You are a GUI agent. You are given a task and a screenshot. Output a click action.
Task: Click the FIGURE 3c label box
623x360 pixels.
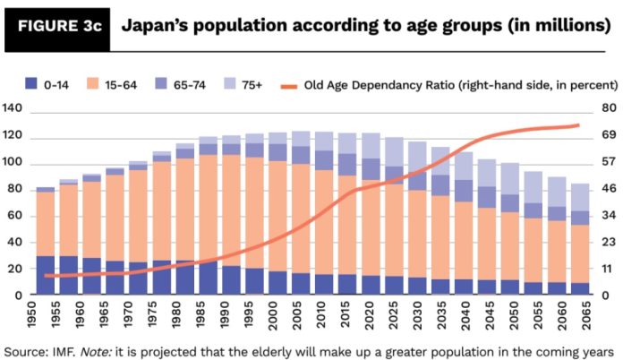[55, 25]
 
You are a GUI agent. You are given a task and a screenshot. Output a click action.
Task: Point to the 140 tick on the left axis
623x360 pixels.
[12, 109]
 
